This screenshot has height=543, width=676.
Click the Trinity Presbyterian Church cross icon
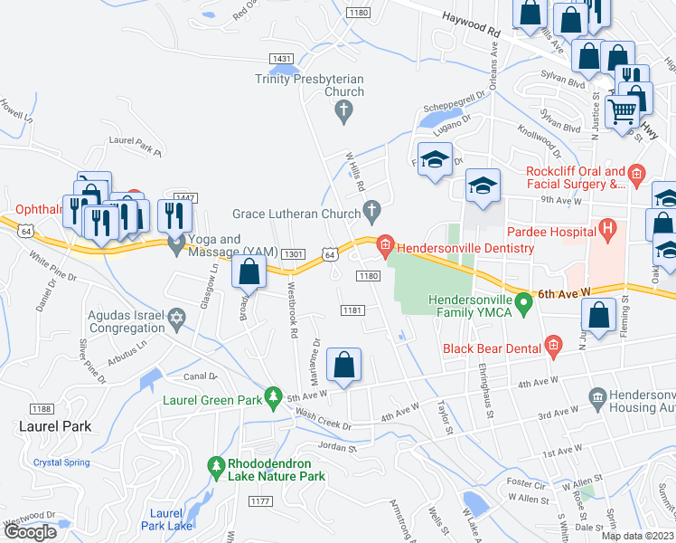click(x=343, y=112)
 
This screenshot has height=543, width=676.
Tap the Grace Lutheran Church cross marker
click(x=371, y=212)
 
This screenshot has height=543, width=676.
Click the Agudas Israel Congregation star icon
click(x=176, y=319)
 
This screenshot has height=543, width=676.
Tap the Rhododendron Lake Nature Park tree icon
click(x=215, y=467)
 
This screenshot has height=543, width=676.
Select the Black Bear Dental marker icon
click(x=553, y=346)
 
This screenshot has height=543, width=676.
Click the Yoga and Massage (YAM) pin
click(x=176, y=241)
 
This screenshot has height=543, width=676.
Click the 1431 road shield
click(x=281, y=58)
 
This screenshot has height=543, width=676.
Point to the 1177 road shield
click(x=260, y=500)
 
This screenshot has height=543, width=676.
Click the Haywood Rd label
click(x=471, y=24)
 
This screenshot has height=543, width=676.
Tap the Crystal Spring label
click(x=61, y=462)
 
